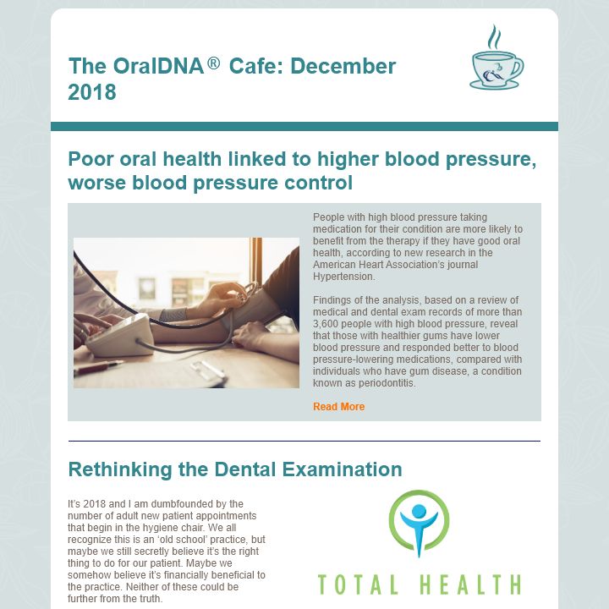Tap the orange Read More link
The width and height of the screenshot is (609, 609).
(338, 407)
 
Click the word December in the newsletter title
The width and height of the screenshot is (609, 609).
(343, 66)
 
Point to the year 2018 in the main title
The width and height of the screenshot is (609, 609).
(92, 92)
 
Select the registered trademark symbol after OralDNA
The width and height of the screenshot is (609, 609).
(214, 63)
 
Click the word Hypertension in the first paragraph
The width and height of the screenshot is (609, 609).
(343, 277)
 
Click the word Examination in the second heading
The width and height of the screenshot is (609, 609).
(342, 469)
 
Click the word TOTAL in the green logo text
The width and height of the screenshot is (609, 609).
(358, 584)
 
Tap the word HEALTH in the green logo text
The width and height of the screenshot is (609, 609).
(470, 584)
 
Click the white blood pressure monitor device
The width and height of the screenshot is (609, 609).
(119, 337)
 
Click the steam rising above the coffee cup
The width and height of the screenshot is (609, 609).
(494, 37)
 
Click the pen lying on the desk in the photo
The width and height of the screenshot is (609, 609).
(100, 367)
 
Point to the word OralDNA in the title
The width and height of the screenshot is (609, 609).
(159, 66)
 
